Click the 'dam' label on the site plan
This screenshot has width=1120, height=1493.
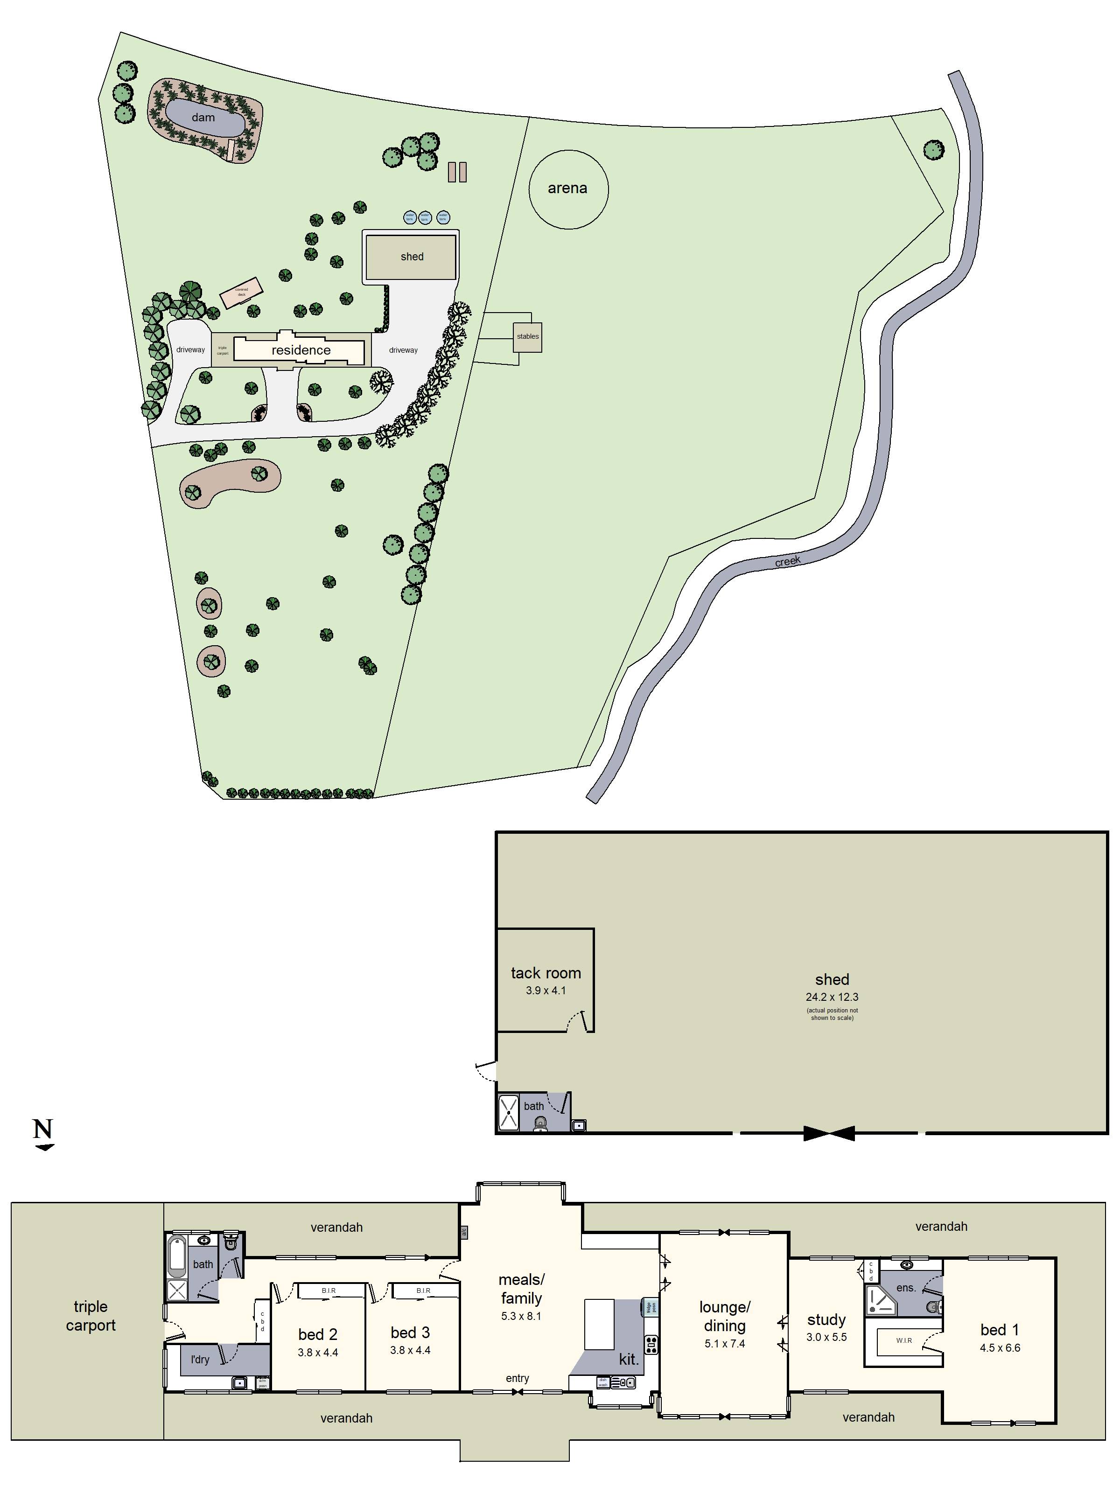point(203,118)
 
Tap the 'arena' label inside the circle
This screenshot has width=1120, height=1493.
point(567,188)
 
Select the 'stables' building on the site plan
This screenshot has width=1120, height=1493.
point(527,336)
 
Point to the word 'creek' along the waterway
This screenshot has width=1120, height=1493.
point(787,561)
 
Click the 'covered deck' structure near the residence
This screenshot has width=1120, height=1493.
point(241,292)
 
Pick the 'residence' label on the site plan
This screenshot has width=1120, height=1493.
point(301,350)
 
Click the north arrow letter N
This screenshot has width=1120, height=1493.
point(42,1129)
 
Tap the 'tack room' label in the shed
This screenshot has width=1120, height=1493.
point(546,973)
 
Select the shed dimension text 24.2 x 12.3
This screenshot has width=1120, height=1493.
point(832,997)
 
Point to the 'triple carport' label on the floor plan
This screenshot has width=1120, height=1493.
point(91,1316)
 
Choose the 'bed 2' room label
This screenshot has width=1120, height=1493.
point(317,1334)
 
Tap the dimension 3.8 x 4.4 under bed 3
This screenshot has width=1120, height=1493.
point(410,1350)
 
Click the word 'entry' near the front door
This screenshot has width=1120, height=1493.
point(517,1378)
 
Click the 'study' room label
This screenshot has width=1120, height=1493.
point(826,1319)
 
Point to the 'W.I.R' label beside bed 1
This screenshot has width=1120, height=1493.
point(904,1340)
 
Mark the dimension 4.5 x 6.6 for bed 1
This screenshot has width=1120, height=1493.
point(1000,1348)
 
